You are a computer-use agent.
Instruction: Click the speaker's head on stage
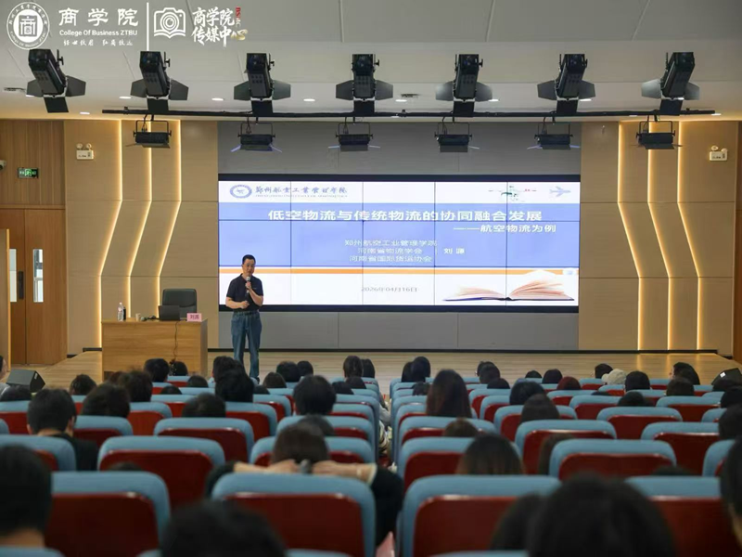point(248,263)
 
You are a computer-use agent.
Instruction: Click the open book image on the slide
point(509,287)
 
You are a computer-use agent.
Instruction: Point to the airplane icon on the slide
point(559,191)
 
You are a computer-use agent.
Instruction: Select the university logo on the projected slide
point(240,191)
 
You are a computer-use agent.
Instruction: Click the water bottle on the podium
point(121,311)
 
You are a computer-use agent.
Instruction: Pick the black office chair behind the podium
point(179,301)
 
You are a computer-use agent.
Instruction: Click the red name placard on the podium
point(194,317)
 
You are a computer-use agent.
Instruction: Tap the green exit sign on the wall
point(28,173)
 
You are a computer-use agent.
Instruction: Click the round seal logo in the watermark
point(28,24)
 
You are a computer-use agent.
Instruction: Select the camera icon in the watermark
point(169,22)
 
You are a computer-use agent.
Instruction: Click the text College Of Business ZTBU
point(97,32)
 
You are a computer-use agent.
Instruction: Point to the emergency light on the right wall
point(718,153)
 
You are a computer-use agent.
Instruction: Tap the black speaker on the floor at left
point(24,379)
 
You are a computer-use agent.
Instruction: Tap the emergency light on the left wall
point(84,151)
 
